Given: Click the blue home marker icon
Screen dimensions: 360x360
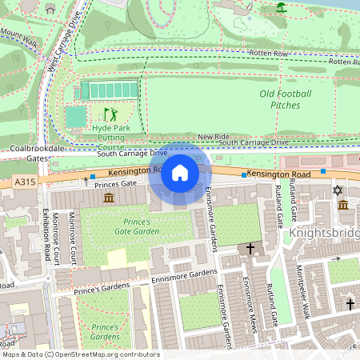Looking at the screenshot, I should click(180, 172).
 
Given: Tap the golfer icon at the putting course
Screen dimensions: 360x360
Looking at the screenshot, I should click(110, 114).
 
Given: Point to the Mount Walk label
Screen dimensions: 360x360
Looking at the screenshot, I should click(19, 36).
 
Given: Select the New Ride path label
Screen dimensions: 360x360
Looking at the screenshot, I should click(214, 138).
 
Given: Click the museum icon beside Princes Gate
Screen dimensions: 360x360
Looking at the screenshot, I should click(108, 198).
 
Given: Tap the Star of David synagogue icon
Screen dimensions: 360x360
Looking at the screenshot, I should click(337, 190).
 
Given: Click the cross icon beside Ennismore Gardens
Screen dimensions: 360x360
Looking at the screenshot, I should click(250, 249).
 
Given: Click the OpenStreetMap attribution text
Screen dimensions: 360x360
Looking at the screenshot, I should click(80, 354).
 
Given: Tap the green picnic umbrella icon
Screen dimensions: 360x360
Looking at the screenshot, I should click(281, 8).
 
